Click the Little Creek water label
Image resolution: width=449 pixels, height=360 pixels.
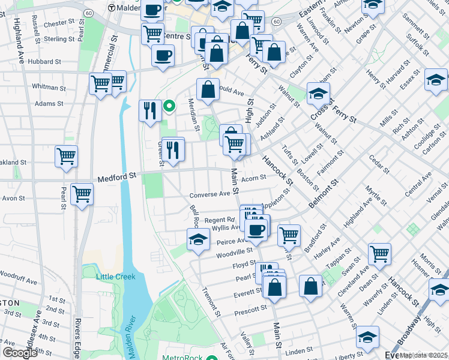[116, 277]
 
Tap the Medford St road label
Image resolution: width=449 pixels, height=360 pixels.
[118, 177]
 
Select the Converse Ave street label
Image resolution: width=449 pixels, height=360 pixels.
[209, 194]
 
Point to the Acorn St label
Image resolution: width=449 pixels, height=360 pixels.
[253, 178]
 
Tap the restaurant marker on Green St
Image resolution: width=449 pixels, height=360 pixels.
[173, 149]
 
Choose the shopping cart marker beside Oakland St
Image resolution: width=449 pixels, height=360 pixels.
[66, 156]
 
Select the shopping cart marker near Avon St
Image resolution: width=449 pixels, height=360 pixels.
[82, 194]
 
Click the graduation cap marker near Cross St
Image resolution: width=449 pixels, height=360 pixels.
[318, 93]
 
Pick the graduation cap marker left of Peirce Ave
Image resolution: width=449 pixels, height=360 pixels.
[198, 240]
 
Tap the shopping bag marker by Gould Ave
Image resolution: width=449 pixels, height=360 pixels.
[208, 89]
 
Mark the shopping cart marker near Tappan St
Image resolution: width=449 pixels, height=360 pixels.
[379, 254]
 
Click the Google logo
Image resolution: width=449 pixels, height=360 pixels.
[20, 353]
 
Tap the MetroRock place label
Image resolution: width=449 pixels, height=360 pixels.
[182, 359]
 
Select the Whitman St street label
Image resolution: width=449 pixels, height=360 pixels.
[49, 86]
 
